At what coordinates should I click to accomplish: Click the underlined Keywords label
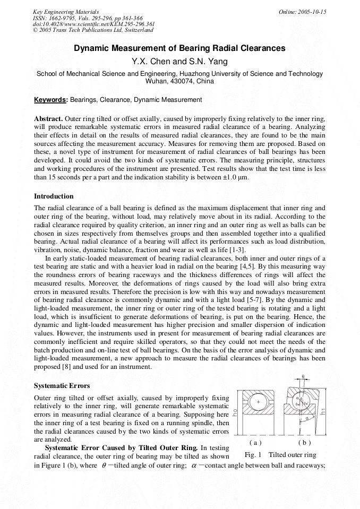tap(50, 100)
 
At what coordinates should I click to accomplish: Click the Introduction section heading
tap(54, 196)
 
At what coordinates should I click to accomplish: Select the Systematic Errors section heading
tap(62, 385)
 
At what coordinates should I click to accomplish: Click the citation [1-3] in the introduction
tap(236, 249)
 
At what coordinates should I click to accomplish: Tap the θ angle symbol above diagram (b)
tap(303, 376)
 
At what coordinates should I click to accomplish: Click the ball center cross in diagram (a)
tap(258, 402)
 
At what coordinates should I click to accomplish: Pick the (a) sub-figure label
tap(255, 442)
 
